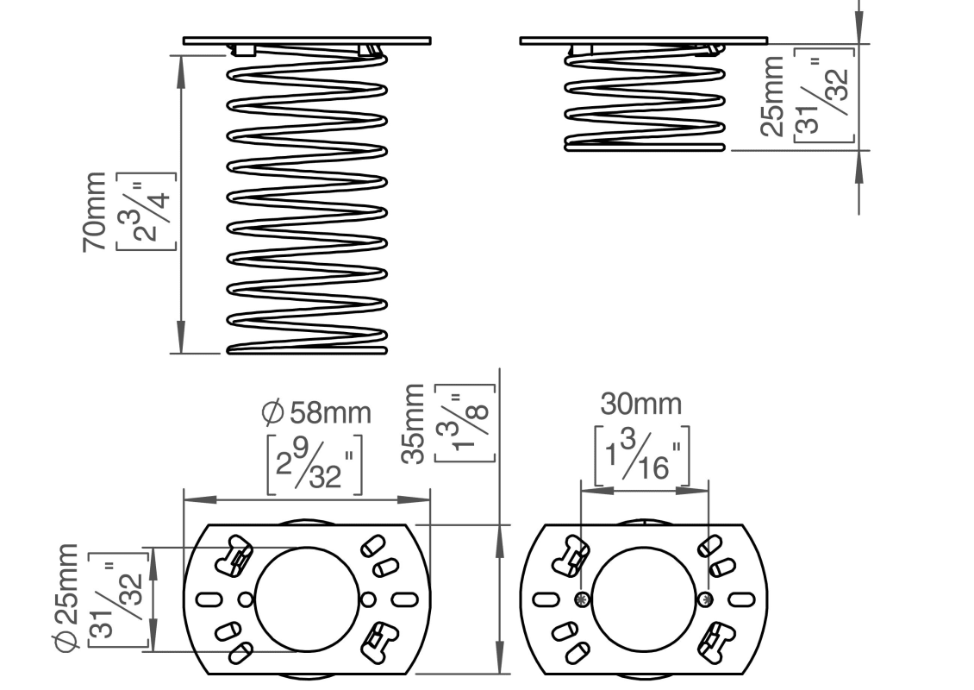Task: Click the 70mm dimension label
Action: click(x=95, y=212)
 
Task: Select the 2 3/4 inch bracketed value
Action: click(x=147, y=211)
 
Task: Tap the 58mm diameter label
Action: click(x=317, y=413)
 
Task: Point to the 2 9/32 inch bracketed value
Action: click(x=315, y=465)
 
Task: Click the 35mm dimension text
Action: click(x=414, y=424)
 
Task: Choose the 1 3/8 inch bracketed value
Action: click(x=465, y=423)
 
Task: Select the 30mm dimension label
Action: click(x=641, y=404)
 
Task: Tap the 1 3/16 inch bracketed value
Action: click(x=642, y=455)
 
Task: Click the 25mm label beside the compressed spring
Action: click(x=773, y=97)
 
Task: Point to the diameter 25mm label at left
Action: click(x=67, y=598)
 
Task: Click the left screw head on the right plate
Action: click(x=583, y=599)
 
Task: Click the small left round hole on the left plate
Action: click(x=246, y=599)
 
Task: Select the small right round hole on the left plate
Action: click(x=368, y=599)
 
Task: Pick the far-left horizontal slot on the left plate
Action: click(x=209, y=599)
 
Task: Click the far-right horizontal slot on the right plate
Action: click(x=742, y=599)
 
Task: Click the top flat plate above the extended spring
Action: click(x=307, y=41)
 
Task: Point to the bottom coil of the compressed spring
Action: click(x=645, y=147)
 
